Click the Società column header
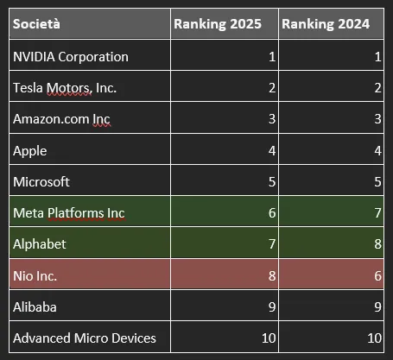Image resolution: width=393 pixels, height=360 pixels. pos(36,23)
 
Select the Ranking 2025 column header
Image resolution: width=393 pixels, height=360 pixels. pos(218,24)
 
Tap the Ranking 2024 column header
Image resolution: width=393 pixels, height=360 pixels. pos(326,24)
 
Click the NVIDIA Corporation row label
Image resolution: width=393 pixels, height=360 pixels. pos(71,57)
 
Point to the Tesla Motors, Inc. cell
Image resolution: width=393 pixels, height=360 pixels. pos(65,88)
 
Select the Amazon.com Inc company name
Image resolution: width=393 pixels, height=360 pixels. pos(61,119)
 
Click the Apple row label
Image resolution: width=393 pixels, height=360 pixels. pos(30,151)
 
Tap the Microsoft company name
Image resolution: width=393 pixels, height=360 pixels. pos(41,182)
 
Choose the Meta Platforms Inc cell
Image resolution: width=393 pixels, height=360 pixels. pos(69,213)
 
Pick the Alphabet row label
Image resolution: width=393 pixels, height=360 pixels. pos(40,244)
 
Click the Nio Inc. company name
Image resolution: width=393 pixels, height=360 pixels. pos(35,276)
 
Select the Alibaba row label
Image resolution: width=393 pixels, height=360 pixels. pos(35,306)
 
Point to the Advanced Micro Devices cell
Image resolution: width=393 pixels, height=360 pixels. pos(85,338)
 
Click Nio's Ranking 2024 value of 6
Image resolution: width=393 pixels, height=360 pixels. pos(378,276)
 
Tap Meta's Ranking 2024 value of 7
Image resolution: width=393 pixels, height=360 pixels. pos(378,213)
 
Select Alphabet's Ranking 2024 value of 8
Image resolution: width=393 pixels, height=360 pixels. pos(378,244)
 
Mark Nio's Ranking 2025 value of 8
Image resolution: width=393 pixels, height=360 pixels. pos(272,276)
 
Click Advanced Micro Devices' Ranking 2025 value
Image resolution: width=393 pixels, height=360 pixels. pos(269,338)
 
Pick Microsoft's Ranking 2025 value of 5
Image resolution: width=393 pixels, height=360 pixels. pos(272,182)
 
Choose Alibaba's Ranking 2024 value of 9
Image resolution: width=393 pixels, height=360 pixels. pos(378,306)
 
